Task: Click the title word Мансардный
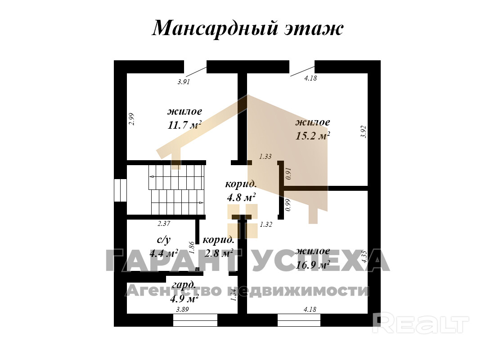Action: pos(214,29)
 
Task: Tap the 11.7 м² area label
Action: pos(184,125)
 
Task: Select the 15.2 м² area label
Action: pos(313,135)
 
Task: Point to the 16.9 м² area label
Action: pos(313,265)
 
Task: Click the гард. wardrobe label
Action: pos(184,284)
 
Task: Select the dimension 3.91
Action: pos(184,81)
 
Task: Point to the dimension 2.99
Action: pos(131,118)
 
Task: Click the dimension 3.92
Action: pos(364,131)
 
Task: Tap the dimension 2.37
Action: pos(164,223)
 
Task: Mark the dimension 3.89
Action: pos(182,309)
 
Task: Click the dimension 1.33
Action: pos(265,157)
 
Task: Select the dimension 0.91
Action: pos(289,173)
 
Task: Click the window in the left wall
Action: pos(120,190)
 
